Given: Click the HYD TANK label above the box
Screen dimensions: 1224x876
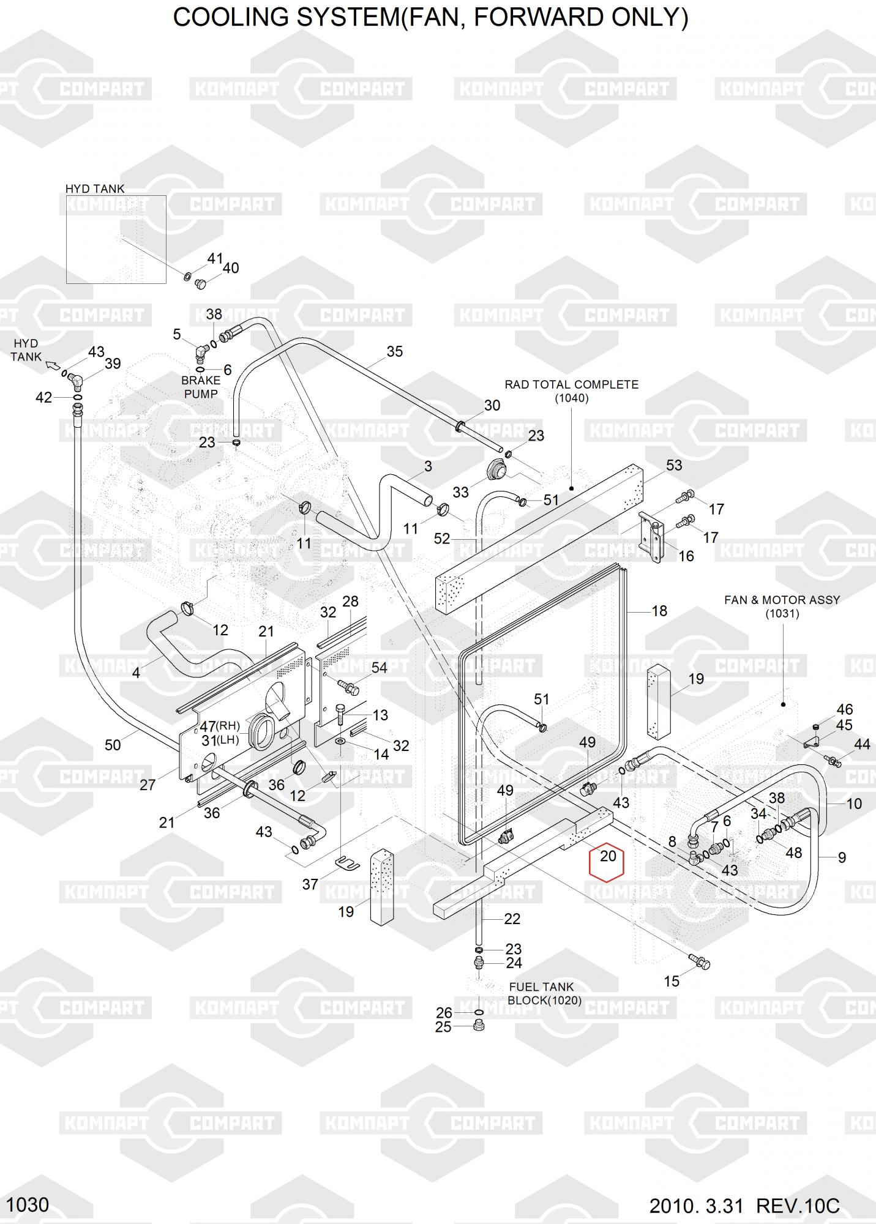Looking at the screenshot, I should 95,189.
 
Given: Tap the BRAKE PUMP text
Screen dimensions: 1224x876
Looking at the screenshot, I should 201,387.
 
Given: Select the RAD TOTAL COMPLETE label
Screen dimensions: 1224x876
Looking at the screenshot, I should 571,385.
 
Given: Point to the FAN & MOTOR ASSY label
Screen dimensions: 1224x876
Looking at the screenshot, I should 782,600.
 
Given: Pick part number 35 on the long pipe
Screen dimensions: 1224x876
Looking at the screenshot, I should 395,351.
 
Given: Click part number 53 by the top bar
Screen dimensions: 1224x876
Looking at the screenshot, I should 673,465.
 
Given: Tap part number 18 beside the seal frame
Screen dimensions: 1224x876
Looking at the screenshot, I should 659,611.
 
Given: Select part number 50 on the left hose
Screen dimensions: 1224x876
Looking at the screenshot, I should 113,745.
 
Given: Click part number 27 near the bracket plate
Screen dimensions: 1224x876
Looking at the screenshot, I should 148,785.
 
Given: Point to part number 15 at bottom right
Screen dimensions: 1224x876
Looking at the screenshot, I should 672,981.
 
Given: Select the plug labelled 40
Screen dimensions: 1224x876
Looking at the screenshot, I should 200,283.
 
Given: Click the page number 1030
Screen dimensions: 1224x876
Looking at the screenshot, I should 28,1205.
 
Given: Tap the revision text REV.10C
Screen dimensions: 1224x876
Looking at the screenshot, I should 798,1206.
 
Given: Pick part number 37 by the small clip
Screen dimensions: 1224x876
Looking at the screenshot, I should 310,884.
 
